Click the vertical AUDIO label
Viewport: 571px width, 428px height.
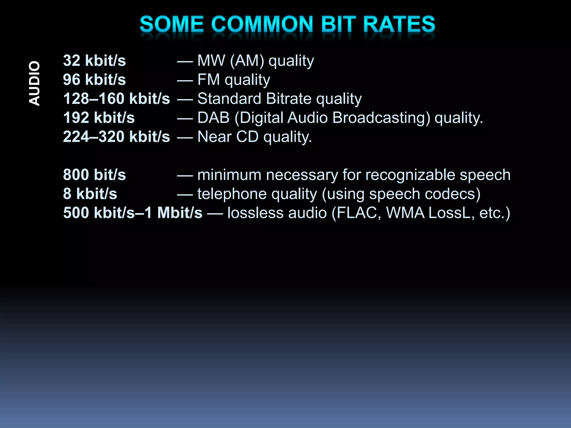point(35,83)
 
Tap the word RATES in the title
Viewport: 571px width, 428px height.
point(399,24)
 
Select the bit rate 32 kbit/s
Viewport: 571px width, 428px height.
point(94,61)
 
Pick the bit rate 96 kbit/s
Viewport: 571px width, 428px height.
point(94,80)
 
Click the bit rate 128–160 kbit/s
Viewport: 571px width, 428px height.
point(116,99)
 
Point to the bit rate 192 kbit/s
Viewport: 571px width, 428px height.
point(99,118)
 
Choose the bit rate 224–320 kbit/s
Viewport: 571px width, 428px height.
point(116,137)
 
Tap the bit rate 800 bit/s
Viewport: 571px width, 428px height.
point(94,175)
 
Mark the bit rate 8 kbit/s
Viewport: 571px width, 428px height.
point(90,194)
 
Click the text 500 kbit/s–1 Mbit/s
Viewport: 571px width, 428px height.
point(133,213)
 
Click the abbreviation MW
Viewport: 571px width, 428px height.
point(211,61)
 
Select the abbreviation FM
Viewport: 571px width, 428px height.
point(209,80)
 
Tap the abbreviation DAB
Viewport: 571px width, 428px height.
point(213,118)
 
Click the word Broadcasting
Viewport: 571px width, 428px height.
point(381,118)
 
